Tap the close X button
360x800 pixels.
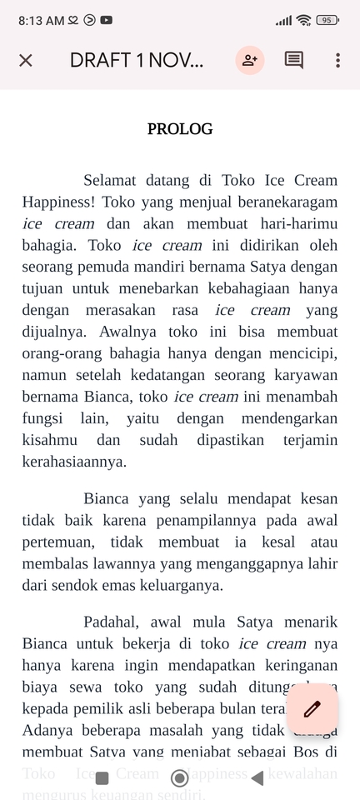26,60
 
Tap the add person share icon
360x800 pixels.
249,60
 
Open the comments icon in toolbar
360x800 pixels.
294,60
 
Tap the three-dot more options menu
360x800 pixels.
337,60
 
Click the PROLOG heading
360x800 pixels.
180,129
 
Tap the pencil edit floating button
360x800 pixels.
312,709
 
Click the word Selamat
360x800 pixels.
114,180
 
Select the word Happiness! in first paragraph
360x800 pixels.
58,202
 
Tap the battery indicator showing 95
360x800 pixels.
327,20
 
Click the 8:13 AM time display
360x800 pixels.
41,20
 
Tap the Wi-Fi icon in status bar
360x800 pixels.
303,20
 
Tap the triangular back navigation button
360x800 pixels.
257,778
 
